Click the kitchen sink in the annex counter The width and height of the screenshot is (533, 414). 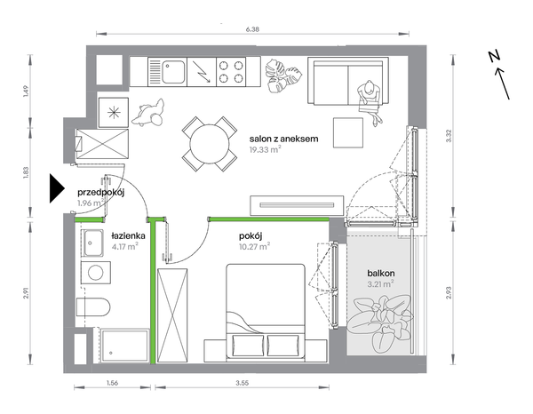168,72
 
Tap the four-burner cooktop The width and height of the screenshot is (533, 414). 231,72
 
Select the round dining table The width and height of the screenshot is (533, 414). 210,144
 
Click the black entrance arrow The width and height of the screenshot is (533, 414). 57,188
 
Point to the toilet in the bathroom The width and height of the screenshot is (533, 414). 92,307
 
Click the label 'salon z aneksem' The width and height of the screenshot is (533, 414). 284,139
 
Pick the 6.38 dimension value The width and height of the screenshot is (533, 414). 252,29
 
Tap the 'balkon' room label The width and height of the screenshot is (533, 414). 381,273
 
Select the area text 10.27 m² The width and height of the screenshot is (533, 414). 255,246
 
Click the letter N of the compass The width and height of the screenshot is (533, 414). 494,57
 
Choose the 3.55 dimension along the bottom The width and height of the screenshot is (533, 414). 243,383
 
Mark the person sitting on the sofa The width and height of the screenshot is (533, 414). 370,101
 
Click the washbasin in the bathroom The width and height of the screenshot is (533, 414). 92,243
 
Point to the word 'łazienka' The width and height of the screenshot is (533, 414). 129,235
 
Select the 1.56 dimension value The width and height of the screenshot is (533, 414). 112,383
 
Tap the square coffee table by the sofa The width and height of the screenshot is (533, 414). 348,132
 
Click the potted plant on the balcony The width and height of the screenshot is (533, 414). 382,323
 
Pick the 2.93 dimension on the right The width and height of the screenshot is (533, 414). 449,292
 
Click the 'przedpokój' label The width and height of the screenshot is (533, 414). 101,193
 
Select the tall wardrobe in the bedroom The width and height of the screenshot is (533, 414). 172,315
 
